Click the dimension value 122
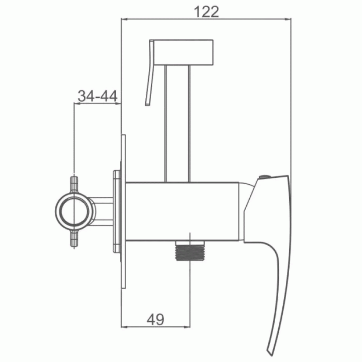(x=206, y=12)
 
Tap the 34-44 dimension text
(x=97, y=96)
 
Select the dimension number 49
(x=155, y=319)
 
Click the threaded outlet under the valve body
(x=190, y=251)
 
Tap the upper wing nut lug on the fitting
(x=74, y=185)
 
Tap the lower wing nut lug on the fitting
(x=74, y=238)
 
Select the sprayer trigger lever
(x=150, y=73)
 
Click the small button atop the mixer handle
(x=265, y=177)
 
